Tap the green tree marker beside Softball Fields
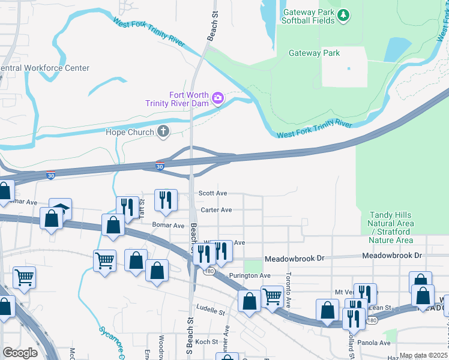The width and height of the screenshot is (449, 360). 343,14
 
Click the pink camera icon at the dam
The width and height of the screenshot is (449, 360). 217,98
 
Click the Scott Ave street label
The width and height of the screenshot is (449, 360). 214,193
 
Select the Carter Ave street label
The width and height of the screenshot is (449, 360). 216,210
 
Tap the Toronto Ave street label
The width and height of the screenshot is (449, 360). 288,289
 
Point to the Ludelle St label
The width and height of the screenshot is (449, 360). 209,312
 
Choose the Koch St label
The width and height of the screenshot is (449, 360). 206,341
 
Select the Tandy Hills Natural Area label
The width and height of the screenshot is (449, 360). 391,227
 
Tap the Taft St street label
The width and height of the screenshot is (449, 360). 142,208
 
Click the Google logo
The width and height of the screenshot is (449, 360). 20,352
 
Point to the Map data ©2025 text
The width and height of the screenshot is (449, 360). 423,355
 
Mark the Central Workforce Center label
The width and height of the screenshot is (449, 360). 44,68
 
